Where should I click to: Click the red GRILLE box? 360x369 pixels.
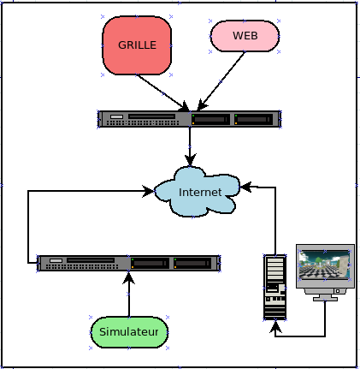coord(137,45)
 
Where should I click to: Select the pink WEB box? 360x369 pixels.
coord(245,36)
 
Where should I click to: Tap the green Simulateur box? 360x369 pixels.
coord(129,332)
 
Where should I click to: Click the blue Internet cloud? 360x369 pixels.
coord(197,192)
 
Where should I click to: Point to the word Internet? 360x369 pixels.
coord(200,192)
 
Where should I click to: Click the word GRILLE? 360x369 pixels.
coord(137,45)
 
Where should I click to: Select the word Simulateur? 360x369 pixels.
coord(129,332)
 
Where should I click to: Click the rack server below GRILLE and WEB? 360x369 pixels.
coord(190,119)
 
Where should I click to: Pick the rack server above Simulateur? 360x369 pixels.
coord(128,263)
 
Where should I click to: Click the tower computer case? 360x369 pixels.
coord(275,287)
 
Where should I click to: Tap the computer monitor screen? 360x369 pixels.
coord(324,265)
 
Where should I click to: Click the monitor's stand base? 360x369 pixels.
coord(325,299)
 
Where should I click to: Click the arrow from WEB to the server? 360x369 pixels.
coord(221,81)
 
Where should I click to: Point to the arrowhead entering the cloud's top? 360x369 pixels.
coord(190,160)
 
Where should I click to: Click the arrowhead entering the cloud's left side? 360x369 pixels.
coord(148,191)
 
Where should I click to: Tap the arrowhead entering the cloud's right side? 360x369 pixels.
coord(245,187)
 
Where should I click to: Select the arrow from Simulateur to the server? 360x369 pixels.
coord(129,294)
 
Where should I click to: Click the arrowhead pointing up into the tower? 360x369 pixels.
coord(275,326)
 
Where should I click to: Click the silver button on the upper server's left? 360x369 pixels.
coord(116,116)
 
